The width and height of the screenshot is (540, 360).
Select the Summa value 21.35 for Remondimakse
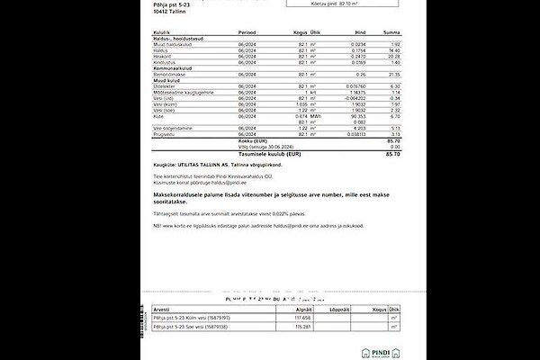(392, 74)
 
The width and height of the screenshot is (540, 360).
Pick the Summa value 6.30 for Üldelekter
(394, 85)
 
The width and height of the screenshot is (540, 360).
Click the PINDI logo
(382, 349)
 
